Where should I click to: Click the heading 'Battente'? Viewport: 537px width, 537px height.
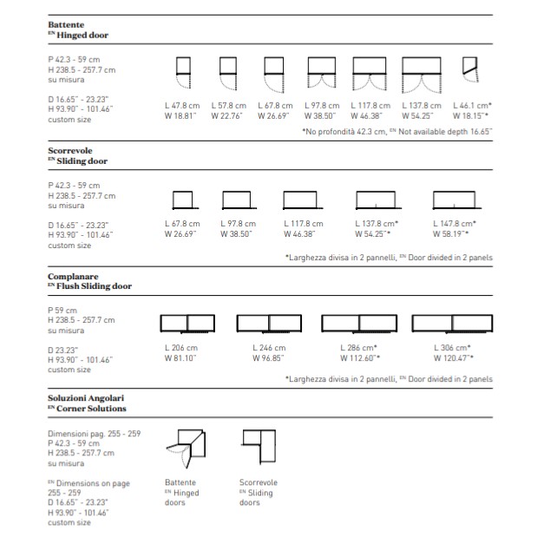tap(66, 26)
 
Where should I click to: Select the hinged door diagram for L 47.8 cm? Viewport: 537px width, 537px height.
tap(182, 73)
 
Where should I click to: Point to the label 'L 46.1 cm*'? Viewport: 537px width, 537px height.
tap(471, 106)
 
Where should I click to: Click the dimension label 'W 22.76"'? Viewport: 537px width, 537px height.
tap(227, 115)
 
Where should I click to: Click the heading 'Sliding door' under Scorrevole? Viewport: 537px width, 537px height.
tap(81, 161)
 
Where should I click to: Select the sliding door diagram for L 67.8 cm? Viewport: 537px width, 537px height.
tap(184, 200)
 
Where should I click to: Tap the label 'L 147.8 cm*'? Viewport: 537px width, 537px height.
tap(455, 224)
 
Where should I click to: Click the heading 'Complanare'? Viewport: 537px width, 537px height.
tap(72, 276)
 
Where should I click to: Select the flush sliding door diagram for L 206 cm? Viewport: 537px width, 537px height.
tap(187, 324)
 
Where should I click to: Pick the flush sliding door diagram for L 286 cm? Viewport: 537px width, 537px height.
tap(359, 324)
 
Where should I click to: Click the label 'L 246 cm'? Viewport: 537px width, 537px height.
tap(269, 348)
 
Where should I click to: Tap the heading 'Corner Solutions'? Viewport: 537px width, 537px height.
tap(90, 408)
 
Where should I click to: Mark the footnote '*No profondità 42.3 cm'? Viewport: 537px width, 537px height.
tap(344, 131)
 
